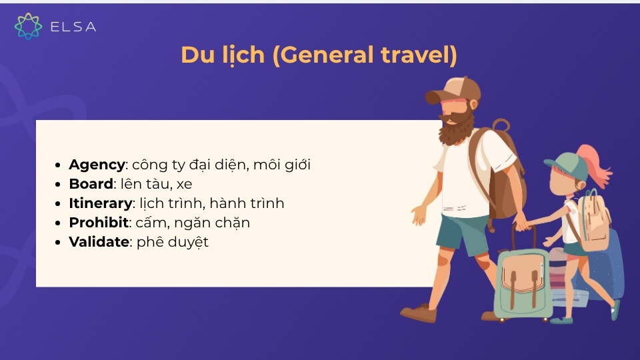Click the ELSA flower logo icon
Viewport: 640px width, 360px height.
coord(29,26)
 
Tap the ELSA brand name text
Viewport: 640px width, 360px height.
coord(73,27)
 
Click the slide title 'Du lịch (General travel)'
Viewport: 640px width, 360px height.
coord(319,55)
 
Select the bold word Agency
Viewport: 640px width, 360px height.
coord(97,165)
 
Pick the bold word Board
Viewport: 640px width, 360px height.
coord(91,184)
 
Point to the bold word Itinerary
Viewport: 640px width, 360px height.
coord(100,203)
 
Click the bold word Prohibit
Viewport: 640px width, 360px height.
coord(98,223)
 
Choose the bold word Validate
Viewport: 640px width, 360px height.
coord(99,242)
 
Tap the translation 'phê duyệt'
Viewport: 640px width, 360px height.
coord(173,242)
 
